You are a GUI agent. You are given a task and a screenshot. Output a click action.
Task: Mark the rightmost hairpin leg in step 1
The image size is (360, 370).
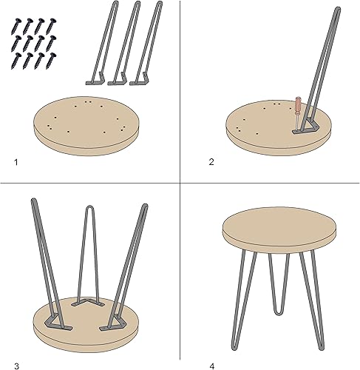[148, 44]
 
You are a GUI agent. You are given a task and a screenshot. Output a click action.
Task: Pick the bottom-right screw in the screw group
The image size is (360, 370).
[50, 60]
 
